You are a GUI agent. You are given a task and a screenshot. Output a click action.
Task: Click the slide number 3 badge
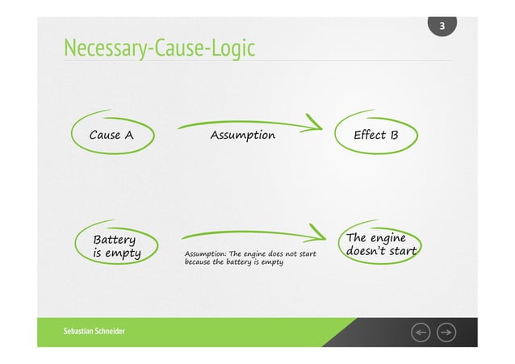pyautogui.click(x=442, y=27)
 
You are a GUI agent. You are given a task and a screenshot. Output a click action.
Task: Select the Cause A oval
pyautogui.click(x=111, y=135)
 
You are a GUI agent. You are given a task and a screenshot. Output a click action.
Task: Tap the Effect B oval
pyautogui.click(x=376, y=135)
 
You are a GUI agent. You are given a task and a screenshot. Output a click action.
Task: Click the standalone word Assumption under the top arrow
pyautogui.click(x=242, y=135)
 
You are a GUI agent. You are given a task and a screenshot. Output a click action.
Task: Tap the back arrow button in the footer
pyautogui.click(x=421, y=333)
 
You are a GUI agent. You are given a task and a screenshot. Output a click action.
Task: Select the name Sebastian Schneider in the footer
pyautogui.click(x=94, y=333)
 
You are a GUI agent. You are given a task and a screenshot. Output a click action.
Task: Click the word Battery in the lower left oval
pyautogui.click(x=115, y=240)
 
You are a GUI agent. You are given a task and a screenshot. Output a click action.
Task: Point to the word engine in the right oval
pyautogui.click(x=386, y=237)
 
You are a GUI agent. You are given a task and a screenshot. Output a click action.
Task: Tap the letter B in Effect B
pyautogui.click(x=393, y=135)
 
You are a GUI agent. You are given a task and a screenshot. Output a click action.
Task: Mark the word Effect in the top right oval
pyautogui.click(x=369, y=135)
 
